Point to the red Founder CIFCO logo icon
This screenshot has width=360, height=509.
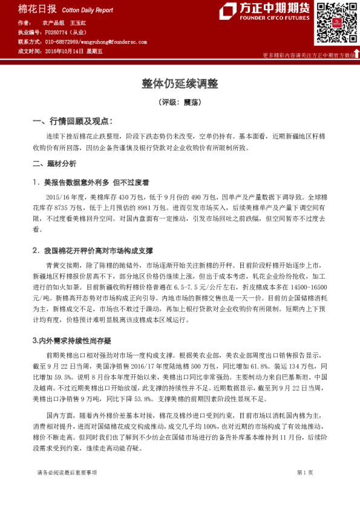coord(228,11)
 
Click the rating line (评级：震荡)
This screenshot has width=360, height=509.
coord(180,102)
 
